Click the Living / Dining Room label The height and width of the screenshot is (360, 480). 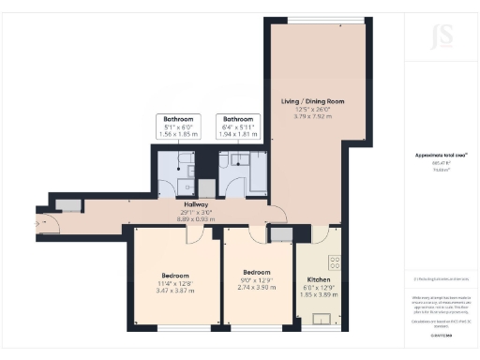point(313,100)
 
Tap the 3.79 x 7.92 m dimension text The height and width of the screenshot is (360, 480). point(313,117)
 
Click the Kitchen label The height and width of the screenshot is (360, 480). point(319,278)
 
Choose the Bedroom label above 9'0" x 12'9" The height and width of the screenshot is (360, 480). point(250,273)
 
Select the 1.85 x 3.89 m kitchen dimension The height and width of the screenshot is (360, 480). point(319,295)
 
